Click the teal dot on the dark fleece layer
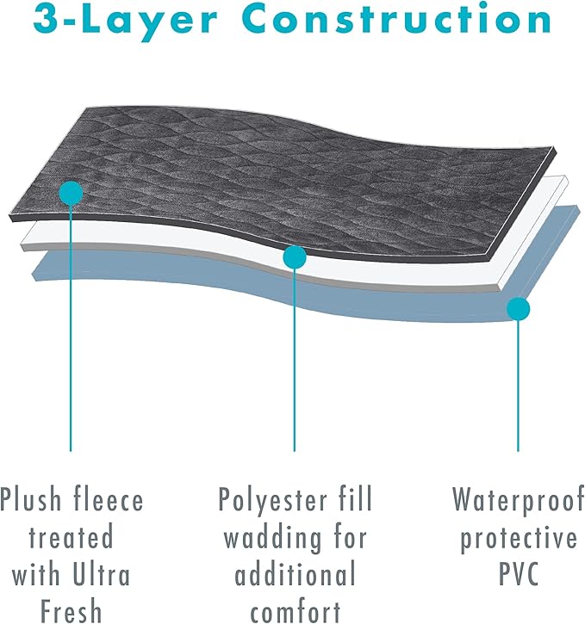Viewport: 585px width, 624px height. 71,193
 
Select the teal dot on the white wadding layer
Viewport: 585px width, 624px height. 295,257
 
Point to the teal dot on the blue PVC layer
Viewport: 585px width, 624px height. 518,309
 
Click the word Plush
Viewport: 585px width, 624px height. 31,499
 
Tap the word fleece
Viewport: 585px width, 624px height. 109,499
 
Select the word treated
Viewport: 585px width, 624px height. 72,537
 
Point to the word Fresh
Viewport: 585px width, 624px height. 72,611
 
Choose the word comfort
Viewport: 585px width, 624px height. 295,612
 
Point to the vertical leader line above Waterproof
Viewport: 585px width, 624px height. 518,386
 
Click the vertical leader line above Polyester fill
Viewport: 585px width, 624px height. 295,360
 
